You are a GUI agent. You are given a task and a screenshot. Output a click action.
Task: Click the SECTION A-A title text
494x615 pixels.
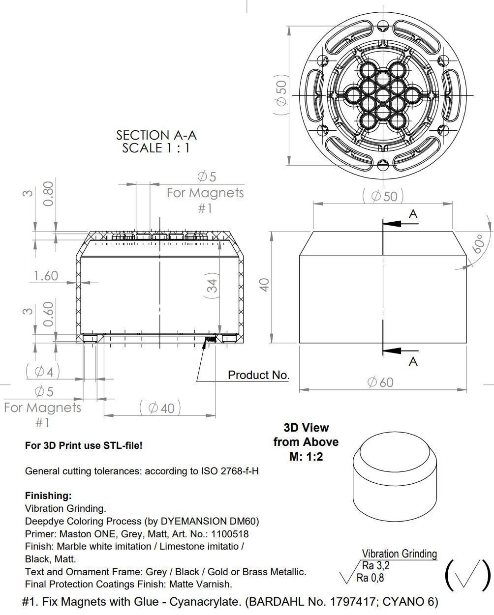pyautogui.click(x=156, y=135)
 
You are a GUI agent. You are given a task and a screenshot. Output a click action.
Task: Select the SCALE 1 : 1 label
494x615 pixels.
pyautogui.click(x=156, y=148)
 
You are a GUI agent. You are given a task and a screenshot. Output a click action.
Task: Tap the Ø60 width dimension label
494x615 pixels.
pyautogui.click(x=380, y=382)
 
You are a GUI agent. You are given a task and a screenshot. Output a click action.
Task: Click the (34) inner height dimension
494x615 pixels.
pyautogui.click(x=212, y=286)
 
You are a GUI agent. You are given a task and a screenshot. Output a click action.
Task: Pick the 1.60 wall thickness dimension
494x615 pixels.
pyautogui.click(x=45, y=276)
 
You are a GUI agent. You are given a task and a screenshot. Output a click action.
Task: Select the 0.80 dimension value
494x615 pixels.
pyautogui.click(x=48, y=194)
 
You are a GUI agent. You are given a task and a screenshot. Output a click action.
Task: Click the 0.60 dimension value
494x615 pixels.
pyautogui.click(x=48, y=315)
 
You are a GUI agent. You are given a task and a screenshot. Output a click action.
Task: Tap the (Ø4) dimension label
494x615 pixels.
pyautogui.click(x=43, y=371)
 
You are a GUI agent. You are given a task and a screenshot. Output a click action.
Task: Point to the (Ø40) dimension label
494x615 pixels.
pyautogui.click(x=160, y=408)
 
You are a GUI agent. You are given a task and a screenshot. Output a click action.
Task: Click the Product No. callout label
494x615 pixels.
pyautogui.click(x=258, y=375)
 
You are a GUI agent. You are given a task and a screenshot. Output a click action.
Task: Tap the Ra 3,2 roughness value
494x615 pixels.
pyautogui.click(x=375, y=566)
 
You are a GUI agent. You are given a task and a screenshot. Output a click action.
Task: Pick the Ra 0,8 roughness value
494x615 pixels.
pyautogui.click(x=370, y=578)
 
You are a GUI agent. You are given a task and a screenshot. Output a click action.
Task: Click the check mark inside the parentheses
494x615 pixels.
pyautogui.click(x=467, y=574)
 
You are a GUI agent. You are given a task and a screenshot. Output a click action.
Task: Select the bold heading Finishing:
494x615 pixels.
pyautogui.click(x=48, y=496)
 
